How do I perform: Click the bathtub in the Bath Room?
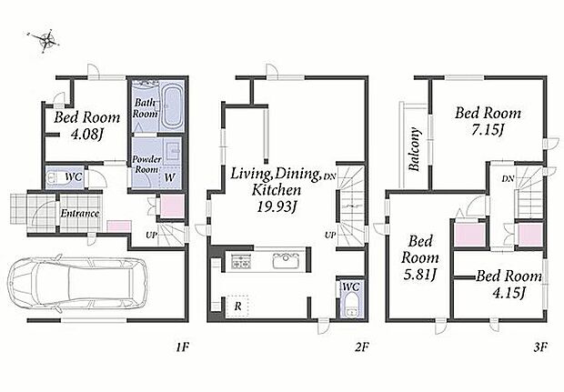pos(172,106)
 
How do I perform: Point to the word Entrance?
pos(79,213)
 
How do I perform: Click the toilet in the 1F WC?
pos(54,177)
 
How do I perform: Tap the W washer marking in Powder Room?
pos(169,177)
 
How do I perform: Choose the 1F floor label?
pos(182,347)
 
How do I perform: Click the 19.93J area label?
pos(277,206)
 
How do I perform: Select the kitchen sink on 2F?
pos(286,260)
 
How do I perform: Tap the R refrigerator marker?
pos(237,307)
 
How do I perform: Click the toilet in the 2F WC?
pos(350,305)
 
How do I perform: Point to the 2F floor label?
pos(362,347)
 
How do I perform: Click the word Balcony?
pos(415,149)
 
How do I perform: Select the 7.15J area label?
pos(488,130)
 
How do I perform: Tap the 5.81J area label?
pos(419,275)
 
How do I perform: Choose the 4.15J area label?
pos(509,292)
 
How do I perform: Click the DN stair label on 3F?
pos(508,178)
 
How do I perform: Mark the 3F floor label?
pos(540,347)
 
